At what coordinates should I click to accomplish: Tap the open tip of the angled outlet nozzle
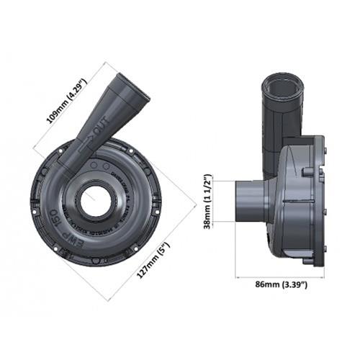tap(130, 89)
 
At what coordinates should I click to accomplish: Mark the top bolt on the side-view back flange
tap(325, 150)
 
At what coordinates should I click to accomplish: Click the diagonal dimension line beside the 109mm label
tap(76, 108)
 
